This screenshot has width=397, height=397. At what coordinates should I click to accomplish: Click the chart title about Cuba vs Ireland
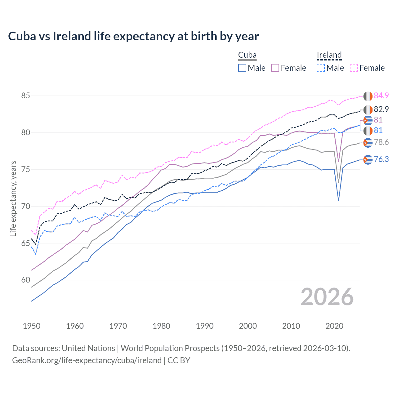[133, 36]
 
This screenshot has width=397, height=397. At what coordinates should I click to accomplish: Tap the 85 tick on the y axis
[25, 96]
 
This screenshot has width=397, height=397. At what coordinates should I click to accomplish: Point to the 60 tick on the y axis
[25, 280]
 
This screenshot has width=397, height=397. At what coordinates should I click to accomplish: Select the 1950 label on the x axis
[32, 326]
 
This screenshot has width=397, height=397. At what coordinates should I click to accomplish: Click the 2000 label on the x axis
[248, 326]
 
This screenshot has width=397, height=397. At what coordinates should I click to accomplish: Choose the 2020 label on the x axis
[334, 326]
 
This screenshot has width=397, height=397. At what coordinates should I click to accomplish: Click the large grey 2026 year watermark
[327, 297]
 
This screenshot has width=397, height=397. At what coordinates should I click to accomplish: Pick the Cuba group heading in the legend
[247, 55]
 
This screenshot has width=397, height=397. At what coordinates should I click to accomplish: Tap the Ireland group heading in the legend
[329, 55]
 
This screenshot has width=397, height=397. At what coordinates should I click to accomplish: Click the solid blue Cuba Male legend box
[242, 68]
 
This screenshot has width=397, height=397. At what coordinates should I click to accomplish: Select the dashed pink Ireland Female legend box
[354, 68]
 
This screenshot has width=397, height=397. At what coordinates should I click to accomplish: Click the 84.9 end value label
[381, 96]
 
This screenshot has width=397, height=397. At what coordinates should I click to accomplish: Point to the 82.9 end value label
[381, 109]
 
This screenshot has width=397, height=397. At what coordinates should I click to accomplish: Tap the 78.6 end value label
[381, 142]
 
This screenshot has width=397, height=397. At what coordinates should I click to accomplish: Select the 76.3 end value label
[381, 159]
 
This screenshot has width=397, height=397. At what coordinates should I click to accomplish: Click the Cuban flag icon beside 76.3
[368, 160]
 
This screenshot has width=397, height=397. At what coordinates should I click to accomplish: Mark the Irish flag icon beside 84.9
[368, 96]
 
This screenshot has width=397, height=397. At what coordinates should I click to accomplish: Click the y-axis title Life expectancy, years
[13, 198]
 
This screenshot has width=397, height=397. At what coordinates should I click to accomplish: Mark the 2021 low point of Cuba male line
[338, 201]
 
